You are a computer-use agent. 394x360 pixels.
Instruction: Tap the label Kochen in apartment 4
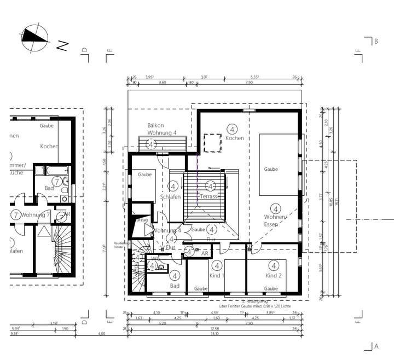tap(234, 138)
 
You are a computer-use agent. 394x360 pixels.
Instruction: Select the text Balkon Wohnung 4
tap(162, 129)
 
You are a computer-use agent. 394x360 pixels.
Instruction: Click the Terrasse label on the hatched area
tap(210, 196)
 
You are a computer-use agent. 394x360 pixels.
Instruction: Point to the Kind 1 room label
tap(217, 275)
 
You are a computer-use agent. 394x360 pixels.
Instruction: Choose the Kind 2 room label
tap(273, 275)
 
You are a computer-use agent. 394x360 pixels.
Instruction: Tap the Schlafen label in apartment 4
tap(170, 197)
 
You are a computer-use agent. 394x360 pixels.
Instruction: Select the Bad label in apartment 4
tap(175, 286)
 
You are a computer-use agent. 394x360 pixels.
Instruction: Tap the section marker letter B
tap(375, 41)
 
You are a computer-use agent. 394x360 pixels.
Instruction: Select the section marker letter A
tap(375, 346)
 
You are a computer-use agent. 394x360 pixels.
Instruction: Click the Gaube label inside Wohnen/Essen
tap(270, 169)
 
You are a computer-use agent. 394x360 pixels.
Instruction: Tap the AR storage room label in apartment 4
tap(204, 253)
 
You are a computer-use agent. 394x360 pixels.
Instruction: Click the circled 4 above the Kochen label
tap(233, 129)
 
